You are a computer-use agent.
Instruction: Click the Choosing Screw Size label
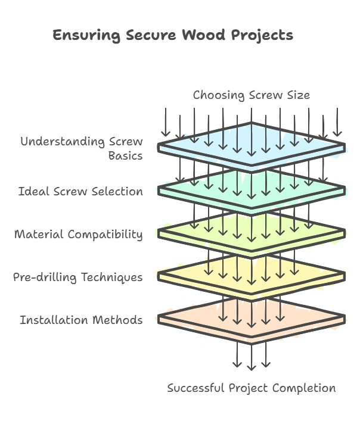(x=251, y=95)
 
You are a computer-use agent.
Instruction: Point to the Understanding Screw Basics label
(x=82, y=149)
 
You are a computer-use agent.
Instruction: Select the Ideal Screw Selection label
(x=80, y=192)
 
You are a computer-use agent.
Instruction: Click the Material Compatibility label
(x=78, y=234)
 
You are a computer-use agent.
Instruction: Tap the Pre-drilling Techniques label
(x=77, y=277)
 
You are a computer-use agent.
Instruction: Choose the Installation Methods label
(x=81, y=320)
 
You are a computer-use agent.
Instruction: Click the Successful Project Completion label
(x=251, y=388)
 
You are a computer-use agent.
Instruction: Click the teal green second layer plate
(x=179, y=189)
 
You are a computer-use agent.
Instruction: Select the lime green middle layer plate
(x=179, y=231)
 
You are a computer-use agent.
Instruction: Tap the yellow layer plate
(x=179, y=275)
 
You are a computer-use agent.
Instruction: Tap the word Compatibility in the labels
(x=105, y=234)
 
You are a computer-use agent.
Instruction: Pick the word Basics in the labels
(x=125, y=156)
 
